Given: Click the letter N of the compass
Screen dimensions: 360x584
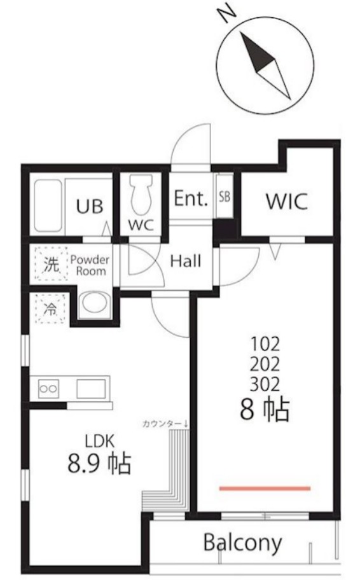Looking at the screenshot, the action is pos(226,15).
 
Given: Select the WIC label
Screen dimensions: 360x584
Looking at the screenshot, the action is pos(287,201).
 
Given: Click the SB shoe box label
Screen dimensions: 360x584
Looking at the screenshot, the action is pos(225,197).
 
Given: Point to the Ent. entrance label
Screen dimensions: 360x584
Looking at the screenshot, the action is pos(191,198).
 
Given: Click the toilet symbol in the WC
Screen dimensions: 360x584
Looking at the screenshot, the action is pos(141,194).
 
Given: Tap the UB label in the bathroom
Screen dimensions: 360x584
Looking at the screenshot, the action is pos(89,206).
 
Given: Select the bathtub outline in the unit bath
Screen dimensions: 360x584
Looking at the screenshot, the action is pos(48,205).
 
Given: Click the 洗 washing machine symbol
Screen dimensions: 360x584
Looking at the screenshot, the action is pos(52,264).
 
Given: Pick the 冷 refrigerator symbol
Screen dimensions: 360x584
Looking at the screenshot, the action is pos(50,309).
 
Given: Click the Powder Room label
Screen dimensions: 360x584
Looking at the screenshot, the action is pos(90,265).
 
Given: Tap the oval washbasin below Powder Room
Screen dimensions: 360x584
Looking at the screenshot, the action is pos(95,303).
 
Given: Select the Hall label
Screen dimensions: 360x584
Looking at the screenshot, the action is pos(185,261).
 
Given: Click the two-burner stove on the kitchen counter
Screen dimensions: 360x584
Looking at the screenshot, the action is pos(49,389).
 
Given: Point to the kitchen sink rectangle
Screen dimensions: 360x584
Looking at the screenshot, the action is pos(91,389).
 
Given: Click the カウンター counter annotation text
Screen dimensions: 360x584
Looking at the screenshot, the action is pos(162,424).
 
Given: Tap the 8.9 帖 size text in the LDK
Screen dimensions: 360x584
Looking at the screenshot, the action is pos(99,463).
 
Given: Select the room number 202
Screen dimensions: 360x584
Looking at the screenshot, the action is pos(265,364).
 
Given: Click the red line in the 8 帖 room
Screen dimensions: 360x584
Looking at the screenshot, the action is pos(265,489).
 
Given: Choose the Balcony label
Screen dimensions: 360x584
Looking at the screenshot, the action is pos(243,543).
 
